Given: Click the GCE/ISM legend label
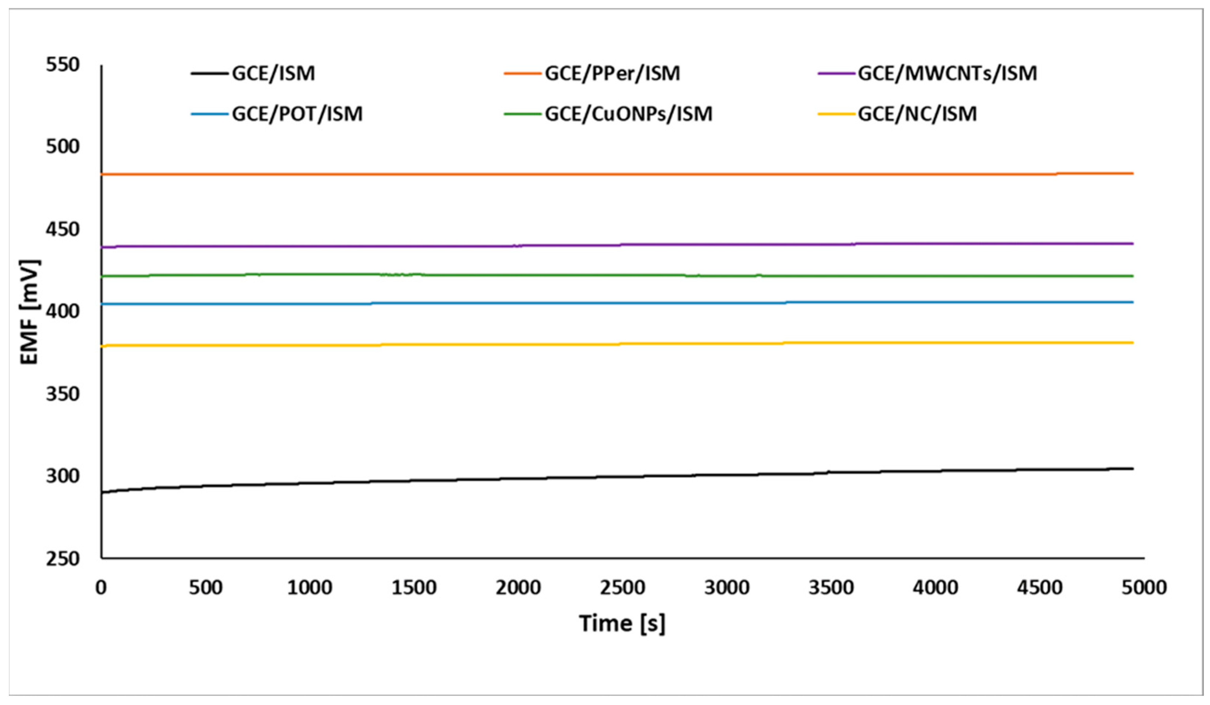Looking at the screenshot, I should tap(273, 73).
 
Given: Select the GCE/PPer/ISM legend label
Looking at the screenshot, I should tap(612, 73).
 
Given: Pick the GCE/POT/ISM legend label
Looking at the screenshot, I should tap(297, 114).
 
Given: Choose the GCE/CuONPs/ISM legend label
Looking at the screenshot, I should tap(628, 114).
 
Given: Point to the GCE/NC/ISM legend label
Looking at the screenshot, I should tap(917, 114).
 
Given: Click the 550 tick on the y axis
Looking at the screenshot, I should tap(63, 64).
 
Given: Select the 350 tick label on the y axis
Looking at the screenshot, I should tap(63, 394).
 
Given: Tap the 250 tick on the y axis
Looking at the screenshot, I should tap(63, 558).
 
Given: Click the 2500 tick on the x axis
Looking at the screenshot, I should tap(622, 587).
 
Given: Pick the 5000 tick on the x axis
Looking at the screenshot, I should tap(1144, 587).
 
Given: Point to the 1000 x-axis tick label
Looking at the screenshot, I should tap(310, 587).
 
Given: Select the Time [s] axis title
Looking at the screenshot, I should tap(622, 624).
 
